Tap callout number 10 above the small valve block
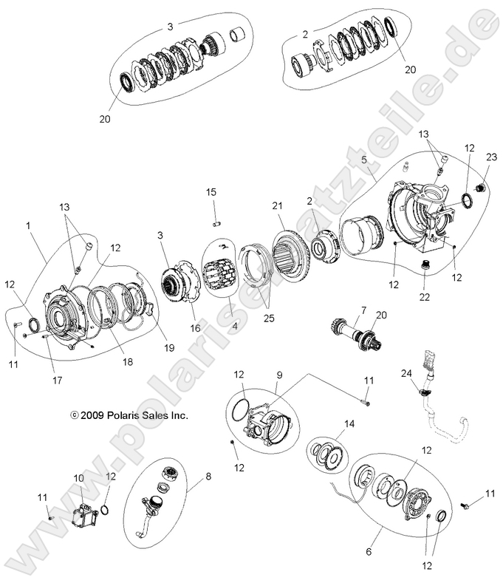click(79, 478)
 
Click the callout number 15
click(211, 192)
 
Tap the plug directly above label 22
click(425, 265)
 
